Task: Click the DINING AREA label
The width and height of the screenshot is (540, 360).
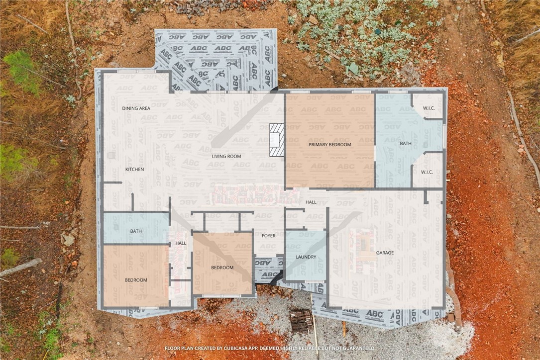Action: pyautogui.click(x=136, y=108)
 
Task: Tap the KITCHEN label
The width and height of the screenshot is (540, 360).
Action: pyautogui.click(x=134, y=170)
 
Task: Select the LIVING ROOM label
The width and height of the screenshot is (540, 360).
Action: pyautogui.click(x=226, y=157)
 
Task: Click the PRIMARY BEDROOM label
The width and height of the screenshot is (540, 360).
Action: pyautogui.click(x=329, y=145)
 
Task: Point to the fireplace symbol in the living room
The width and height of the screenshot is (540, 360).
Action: pyautogui.click(x=277, y=140)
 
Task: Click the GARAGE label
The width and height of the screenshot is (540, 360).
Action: pyautogui.click(x=385, y=253)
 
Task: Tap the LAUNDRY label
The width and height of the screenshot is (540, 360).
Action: pyautogui.click(x=306, y=257)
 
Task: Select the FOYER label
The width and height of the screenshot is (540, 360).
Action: pyautogui.click(x=269, y=236)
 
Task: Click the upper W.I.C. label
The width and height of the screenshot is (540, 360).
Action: pyautogui.click(x=428, y=108)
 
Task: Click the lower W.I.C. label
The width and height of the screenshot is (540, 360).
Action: pyautogui.click(x=427, y=172)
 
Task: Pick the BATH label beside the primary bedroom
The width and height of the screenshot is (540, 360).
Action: pyautogui.click(x=406, y=144)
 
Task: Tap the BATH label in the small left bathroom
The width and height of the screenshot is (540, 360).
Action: pyautogui.click(x=136, y=231)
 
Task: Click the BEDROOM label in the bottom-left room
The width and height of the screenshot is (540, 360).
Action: pyautogui.click(x=136, y=280)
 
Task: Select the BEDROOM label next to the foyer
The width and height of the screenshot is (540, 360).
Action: pyautogui.click(x=222, y=268)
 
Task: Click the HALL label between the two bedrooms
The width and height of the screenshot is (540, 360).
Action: pyautogui.click(x=181, y=243)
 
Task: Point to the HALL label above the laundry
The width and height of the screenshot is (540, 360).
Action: pyautogui.click(x=311, y=202)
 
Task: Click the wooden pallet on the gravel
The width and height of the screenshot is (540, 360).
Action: pyautogui.click(x=301, y=321)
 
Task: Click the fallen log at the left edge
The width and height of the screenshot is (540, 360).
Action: pyautogui.click(x=20, y=268)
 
